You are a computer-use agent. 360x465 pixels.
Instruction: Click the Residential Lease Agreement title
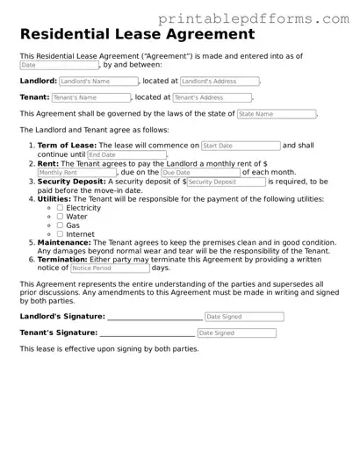(x=137, y=35)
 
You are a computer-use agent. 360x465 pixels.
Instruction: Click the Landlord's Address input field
(x=220, y=81)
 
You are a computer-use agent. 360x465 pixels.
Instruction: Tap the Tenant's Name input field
(x=90, y=97)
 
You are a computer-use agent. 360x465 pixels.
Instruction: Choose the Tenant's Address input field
(x=212, y=97)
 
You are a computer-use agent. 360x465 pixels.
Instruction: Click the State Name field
(x=276, y=114)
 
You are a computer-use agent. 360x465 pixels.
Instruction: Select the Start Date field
(x=241, y=146)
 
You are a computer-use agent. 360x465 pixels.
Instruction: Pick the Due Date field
(x=200, y=173)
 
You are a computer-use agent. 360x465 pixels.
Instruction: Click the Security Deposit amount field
(x=226, y=182)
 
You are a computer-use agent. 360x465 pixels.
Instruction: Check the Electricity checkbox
(x=60, y=208)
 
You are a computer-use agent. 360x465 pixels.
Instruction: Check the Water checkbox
(x=60, y=217)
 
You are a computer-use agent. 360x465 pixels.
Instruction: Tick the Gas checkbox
(x=60, y=225)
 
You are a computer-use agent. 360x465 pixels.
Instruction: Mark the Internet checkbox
(x=60, y=234)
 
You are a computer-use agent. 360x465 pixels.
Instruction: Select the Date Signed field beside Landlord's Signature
(x=240, y=317)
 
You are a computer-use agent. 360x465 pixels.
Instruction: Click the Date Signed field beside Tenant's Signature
(x=235, y=333)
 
